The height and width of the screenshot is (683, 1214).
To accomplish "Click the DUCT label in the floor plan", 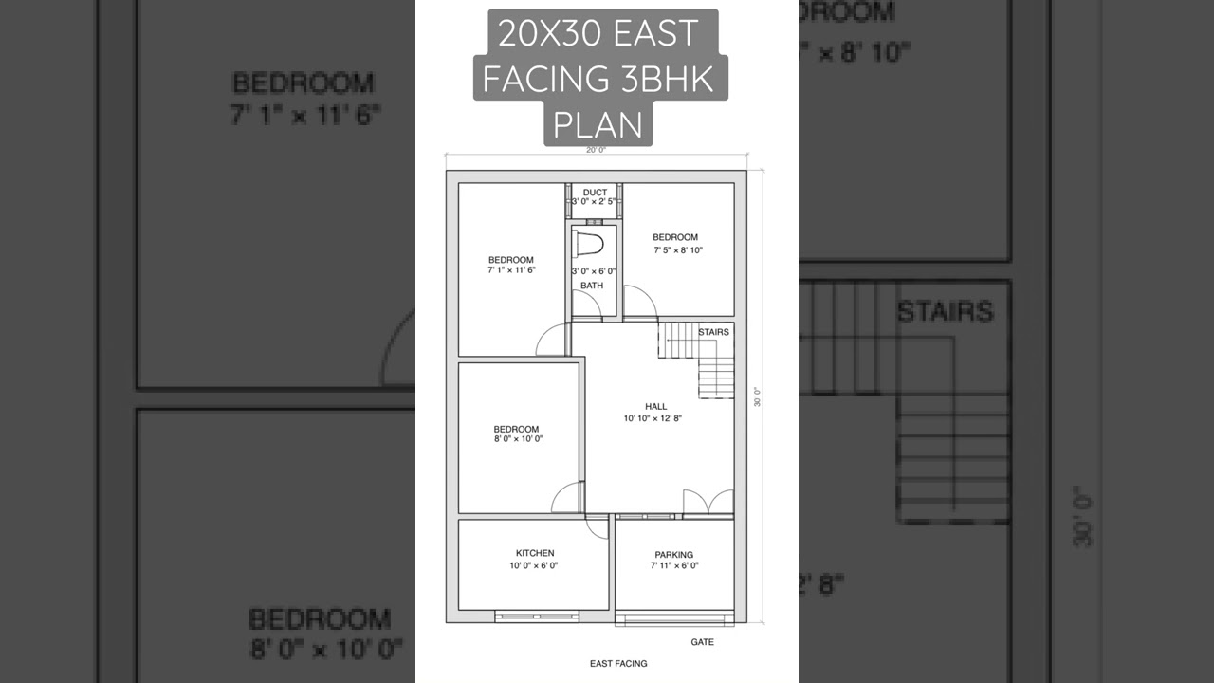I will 595,193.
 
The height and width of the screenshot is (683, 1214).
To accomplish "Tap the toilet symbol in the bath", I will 590,243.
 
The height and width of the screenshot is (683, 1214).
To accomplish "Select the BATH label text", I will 592,286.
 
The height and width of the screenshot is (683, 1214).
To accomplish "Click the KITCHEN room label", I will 535,553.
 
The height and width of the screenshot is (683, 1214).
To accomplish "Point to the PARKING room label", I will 673,555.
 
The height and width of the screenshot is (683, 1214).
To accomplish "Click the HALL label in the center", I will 655,406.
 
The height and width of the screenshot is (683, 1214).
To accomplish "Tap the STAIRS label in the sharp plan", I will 713,332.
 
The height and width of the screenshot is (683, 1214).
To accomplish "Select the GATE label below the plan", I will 702,642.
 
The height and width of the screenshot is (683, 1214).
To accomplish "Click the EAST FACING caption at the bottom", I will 618,664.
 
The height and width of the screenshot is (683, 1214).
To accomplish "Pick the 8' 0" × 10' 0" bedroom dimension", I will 517,439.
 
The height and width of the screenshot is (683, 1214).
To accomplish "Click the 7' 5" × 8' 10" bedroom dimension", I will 677,250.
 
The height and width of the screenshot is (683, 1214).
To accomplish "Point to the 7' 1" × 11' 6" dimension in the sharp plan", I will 511,270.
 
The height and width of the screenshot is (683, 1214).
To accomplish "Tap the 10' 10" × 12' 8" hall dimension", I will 653,418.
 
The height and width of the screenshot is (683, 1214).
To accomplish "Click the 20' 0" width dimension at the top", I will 596,150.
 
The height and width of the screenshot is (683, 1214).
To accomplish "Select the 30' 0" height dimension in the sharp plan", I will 757,397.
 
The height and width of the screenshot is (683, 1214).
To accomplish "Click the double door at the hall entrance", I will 708,503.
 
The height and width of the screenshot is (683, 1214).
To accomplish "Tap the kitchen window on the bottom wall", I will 536,617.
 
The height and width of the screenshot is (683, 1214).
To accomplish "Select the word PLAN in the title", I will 598,124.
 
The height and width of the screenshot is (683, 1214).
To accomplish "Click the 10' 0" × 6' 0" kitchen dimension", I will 533,566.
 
